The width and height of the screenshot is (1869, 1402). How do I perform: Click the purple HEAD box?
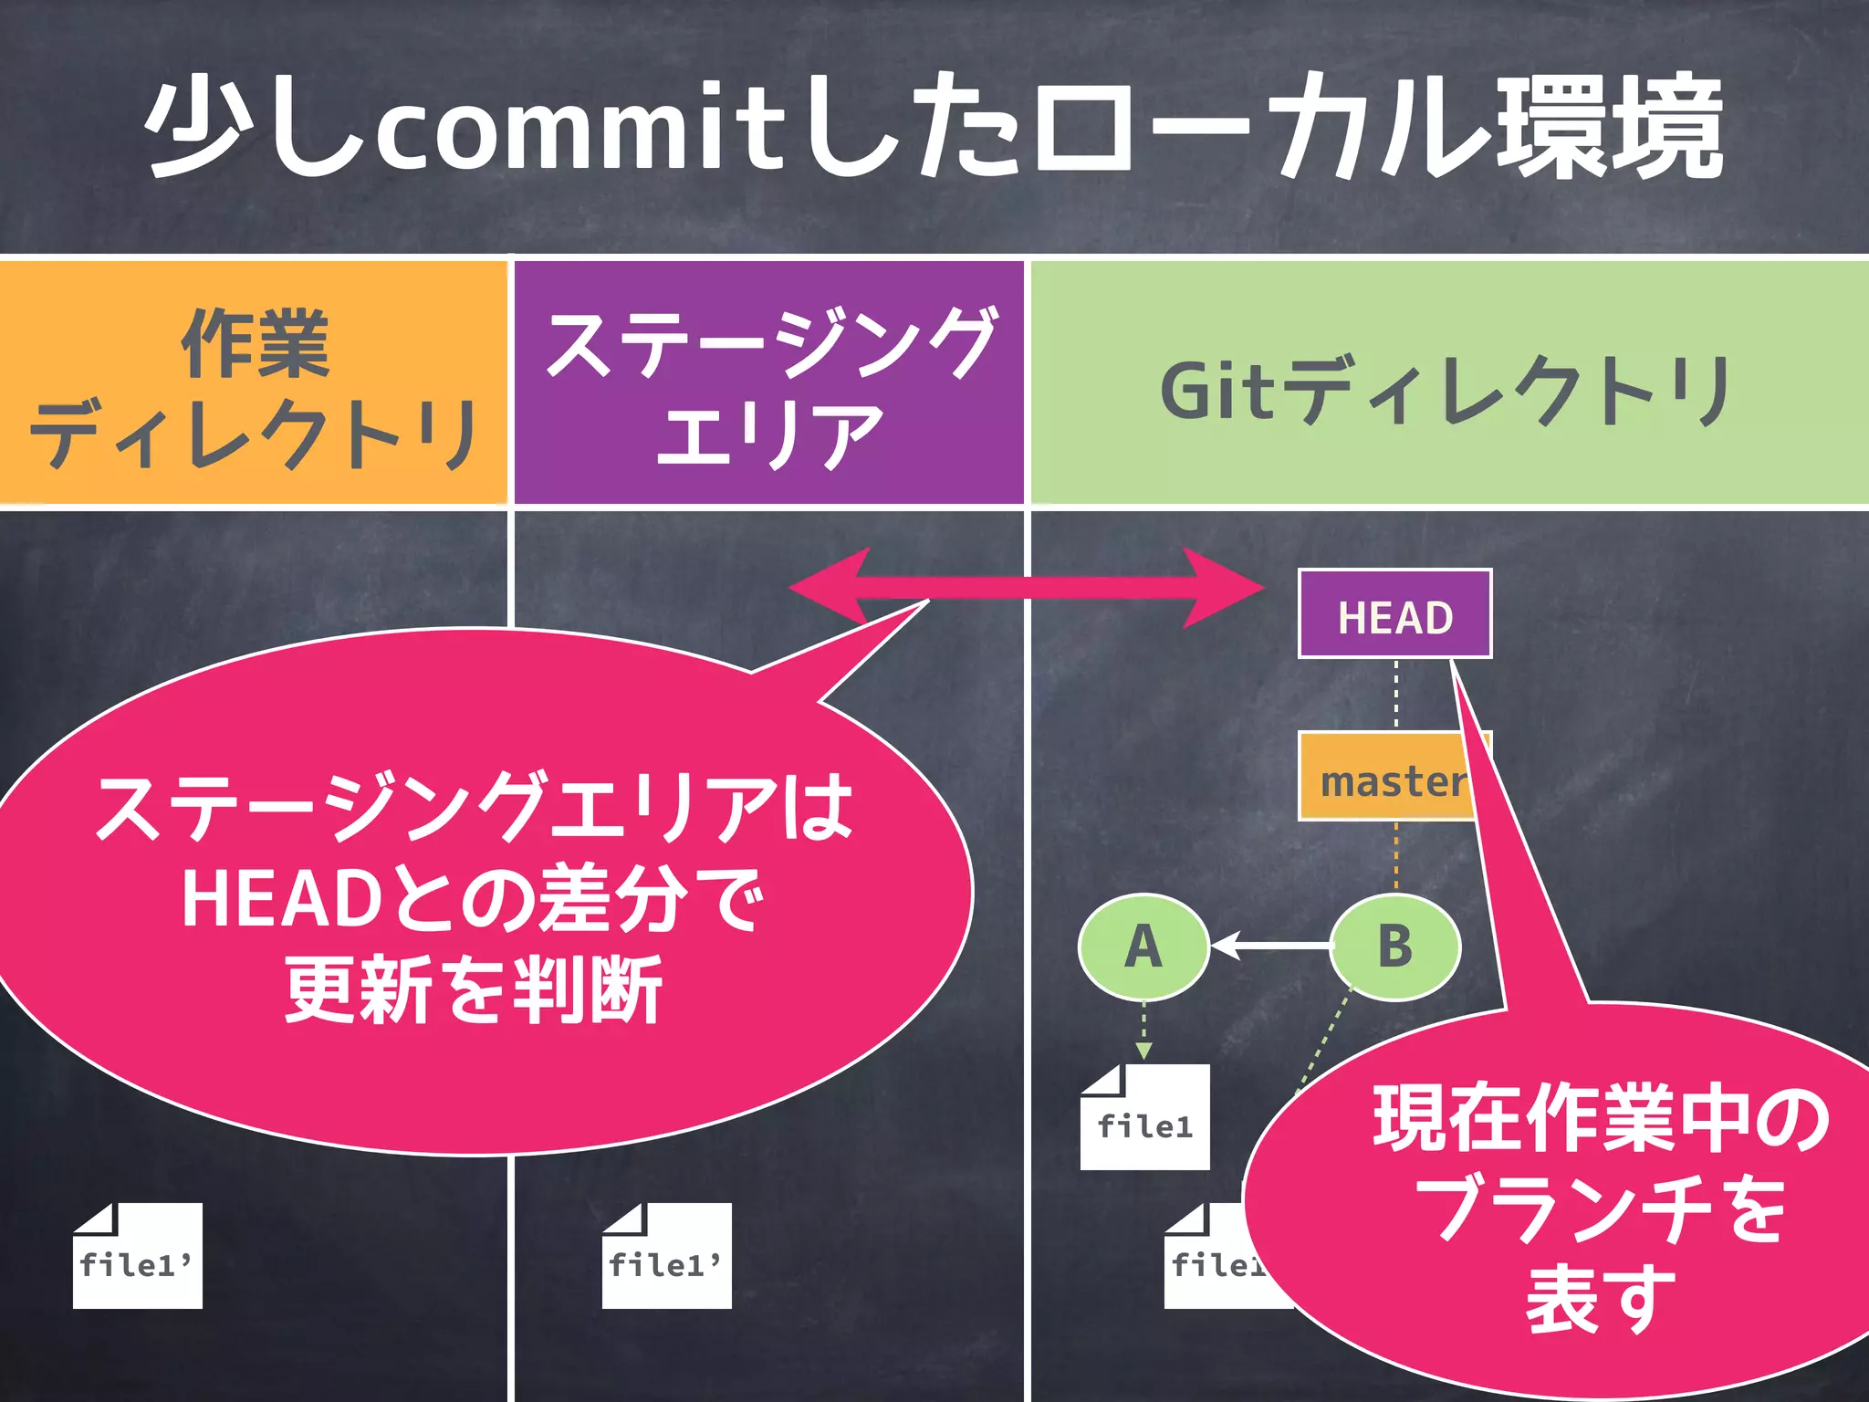pyautogui.click(x=1394, y=614)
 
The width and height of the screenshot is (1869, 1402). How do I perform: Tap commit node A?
pyautogui.click(x=1143, y=947)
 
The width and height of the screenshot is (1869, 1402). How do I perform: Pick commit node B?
pyautogui.click(x=1394, y=947)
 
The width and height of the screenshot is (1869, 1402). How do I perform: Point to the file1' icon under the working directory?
pyautogui.click(x=138, y=1256)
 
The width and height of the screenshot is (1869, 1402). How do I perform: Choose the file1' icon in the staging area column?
pyautogui.click(x=667, y=1256)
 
